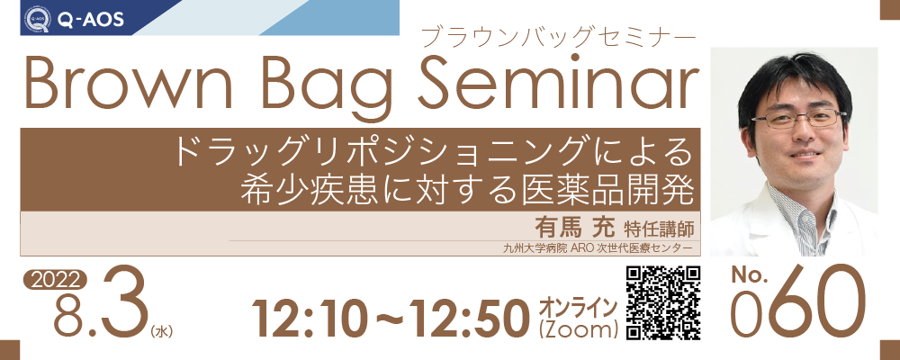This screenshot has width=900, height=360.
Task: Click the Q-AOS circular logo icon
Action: pos(37,20)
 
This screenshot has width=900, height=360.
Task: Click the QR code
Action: pos(662,302)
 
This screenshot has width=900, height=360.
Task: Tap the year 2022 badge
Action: pos(55,281)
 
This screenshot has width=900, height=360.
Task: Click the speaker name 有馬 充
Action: pos(574,228)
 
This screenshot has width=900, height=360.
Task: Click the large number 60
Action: pos(817,302)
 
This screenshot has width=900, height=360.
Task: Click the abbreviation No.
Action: pos(750,276)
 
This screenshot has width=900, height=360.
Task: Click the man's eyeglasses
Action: pos(796,120)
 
